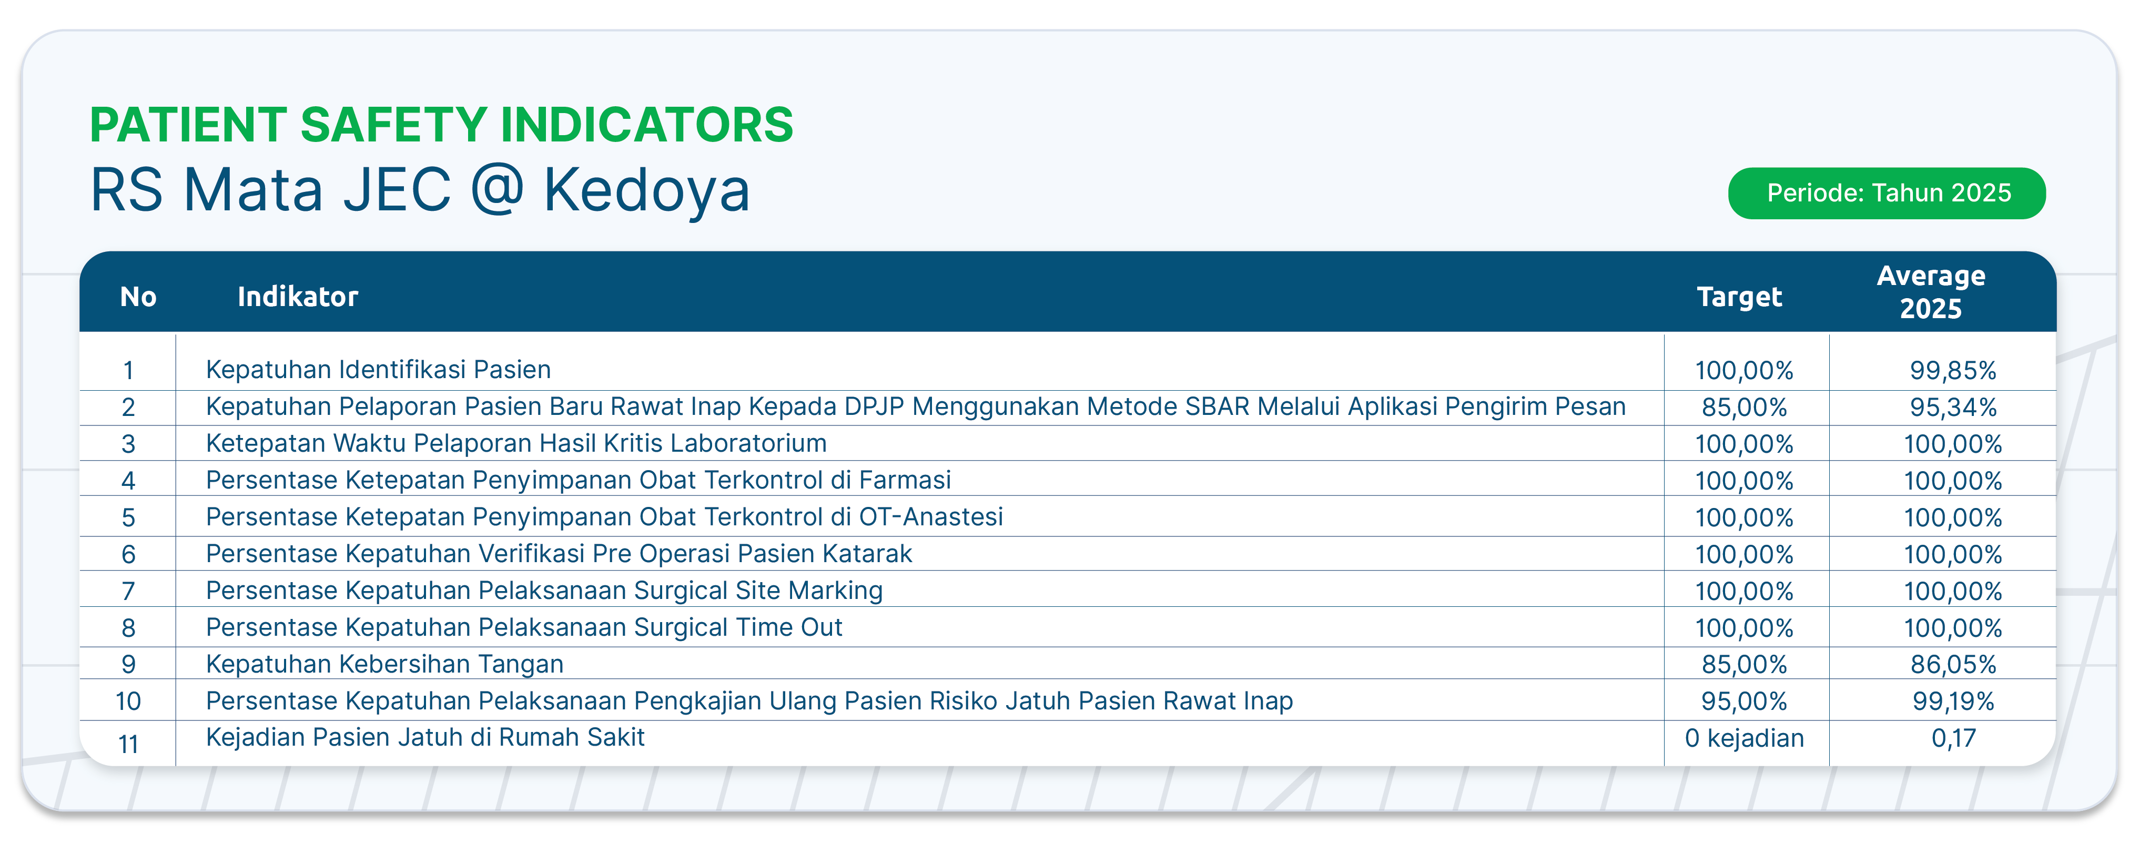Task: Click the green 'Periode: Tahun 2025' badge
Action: tap(1887, 194)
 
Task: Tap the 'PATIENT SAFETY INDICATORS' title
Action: tap(442, 125)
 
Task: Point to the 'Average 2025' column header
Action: tap(1931, 292)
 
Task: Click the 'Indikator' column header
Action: tap(297, 296)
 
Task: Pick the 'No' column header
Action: tap(138, 296)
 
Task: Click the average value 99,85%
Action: tap(1953, 370)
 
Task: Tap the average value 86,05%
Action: tap(1953, 665)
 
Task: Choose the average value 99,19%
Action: tap(1953, 701)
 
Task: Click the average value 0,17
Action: tap(1953, 738)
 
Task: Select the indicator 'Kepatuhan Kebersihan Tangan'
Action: tap(384, 664)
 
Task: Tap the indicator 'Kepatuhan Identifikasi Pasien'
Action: tap(378, 369)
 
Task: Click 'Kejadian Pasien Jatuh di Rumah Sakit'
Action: tap(425, 737)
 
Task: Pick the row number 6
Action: tap(128, 554)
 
